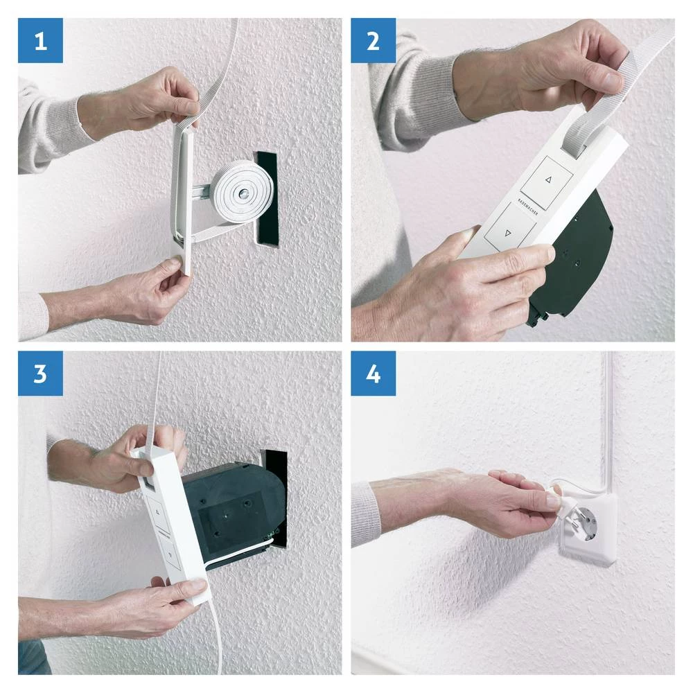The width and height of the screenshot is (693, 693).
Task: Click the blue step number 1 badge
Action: tap(40, 41)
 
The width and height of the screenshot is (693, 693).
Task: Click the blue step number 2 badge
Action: tap(373, 41)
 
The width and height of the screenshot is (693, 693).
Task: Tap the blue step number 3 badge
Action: tap(40, 374)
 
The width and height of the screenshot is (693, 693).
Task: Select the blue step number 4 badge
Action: tap(373, 374)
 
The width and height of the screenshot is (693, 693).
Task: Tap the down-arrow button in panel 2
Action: tap(510, 233)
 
